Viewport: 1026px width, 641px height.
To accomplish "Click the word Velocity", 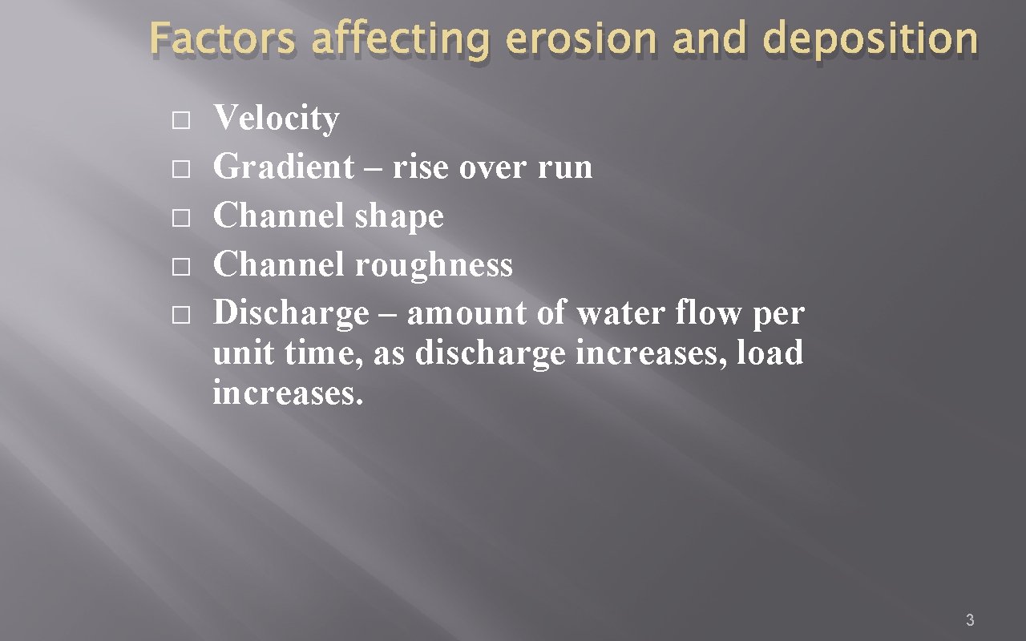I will point(276,119).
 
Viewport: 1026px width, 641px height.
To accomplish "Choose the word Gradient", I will point(283,167).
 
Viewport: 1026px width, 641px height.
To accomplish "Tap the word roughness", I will point(434,264).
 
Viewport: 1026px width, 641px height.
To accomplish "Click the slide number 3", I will point(970,619).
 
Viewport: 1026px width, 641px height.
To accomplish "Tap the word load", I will point(769,353).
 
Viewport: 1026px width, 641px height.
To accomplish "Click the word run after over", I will point(568,168).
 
